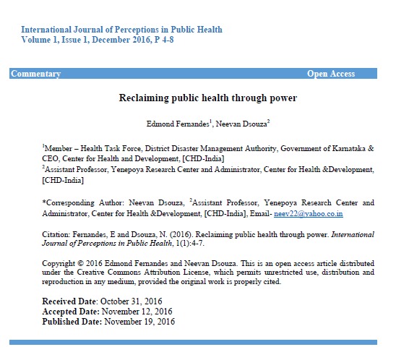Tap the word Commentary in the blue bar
coord(36,74)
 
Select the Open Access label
coord(331,74)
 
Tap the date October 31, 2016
coord(134,301)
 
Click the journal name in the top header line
coord(121,30)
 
